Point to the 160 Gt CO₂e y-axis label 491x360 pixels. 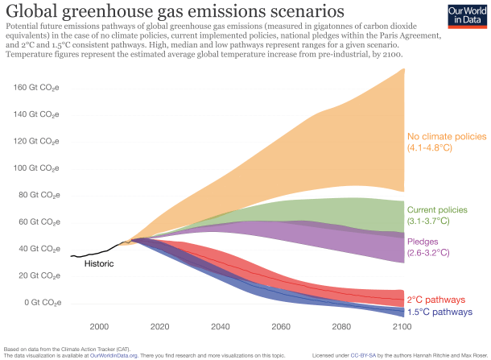pos(36,88)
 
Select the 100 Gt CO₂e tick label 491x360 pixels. pos(36,168)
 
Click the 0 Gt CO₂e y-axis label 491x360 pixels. pos(41,302)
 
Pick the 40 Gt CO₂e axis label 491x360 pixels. pos(39,248)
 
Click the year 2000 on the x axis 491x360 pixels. pos(99,326)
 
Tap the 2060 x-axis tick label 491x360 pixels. pos(281,326)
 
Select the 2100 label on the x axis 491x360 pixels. pos(402,326)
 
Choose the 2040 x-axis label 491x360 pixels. pos(220,326)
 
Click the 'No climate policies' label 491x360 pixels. pos(447,137)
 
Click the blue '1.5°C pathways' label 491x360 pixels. pos(439,312)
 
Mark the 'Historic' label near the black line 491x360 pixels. pos(100,263)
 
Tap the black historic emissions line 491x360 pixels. pos(97,251)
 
